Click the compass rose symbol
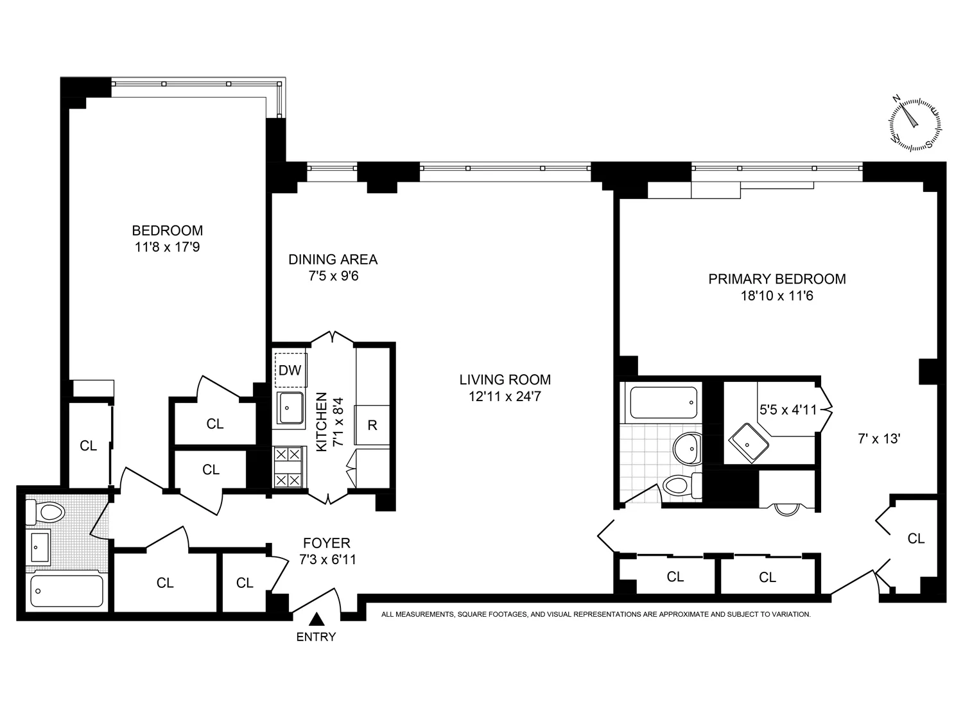[x=915, y=124]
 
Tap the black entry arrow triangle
[x=316, y=619]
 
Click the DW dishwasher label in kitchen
[x=290, y=370]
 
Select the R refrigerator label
[x=372, y=425]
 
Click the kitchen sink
[x=291, y=408]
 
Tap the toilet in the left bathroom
[x=46, y=512]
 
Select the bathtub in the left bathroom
[x=67, y=590]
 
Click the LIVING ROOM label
[x=505, y=379]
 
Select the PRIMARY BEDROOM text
[x=777, y=279]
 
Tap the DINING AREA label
[x=333, y=259]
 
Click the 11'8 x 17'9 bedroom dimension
[x=167, y=246]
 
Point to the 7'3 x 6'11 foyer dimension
[x=327, y=560]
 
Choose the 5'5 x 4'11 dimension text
[x=788, y=409]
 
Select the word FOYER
[x=326, y=544]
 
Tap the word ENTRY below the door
[x=316, y=637]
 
